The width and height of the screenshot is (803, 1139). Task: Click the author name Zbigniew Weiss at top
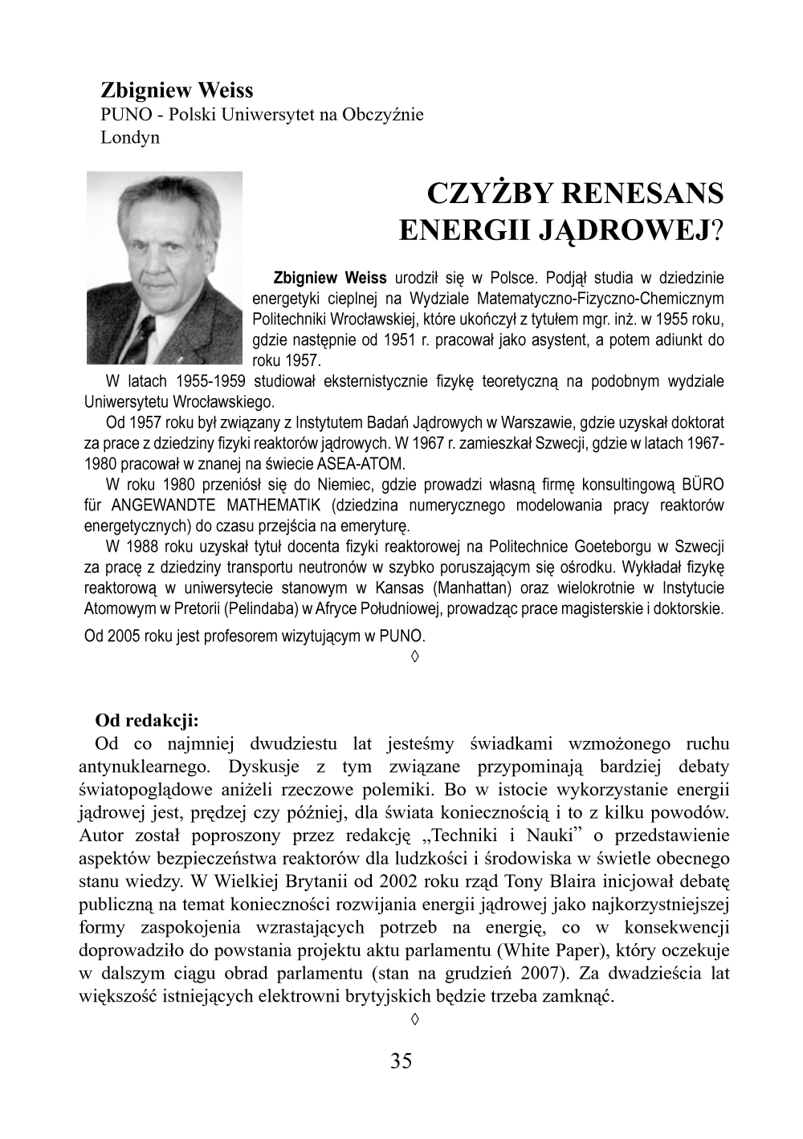[177, 89]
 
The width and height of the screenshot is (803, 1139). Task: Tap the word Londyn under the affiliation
[130, 136]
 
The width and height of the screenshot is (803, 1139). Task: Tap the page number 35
[401, 1061]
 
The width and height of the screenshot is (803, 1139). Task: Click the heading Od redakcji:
[146, 719]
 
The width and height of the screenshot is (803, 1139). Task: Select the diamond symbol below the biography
[415, 658]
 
